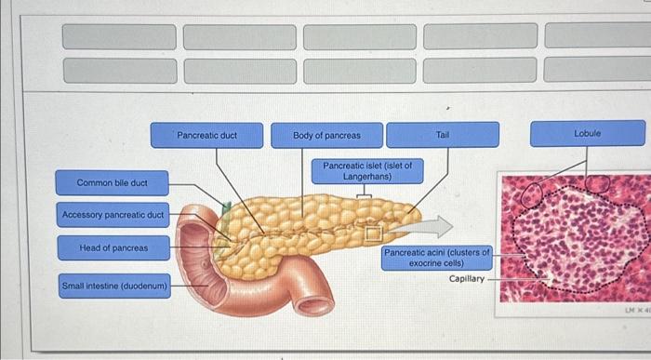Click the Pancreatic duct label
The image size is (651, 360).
tap(207, 135)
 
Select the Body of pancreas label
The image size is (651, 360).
tap(326, 135)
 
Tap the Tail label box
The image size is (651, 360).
tap(443, 135)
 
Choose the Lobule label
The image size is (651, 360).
tap(587, 134)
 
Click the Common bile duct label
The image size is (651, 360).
tap(111, 182)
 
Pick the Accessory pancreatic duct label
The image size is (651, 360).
tap(113, 216)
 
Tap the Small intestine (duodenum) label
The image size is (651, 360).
tap(114, 285)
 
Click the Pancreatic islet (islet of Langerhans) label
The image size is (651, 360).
tap(367, 170)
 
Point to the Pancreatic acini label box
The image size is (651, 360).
tap(436, 258)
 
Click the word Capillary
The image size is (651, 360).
tap(466, 278)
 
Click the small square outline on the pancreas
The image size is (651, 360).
tap(372, 230)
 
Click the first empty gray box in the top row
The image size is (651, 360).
tap(118, 36)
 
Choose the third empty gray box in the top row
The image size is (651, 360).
tap(360, 36)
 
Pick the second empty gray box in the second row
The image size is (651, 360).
tap(239, 70)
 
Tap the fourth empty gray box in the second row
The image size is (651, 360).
tap(480, 70)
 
